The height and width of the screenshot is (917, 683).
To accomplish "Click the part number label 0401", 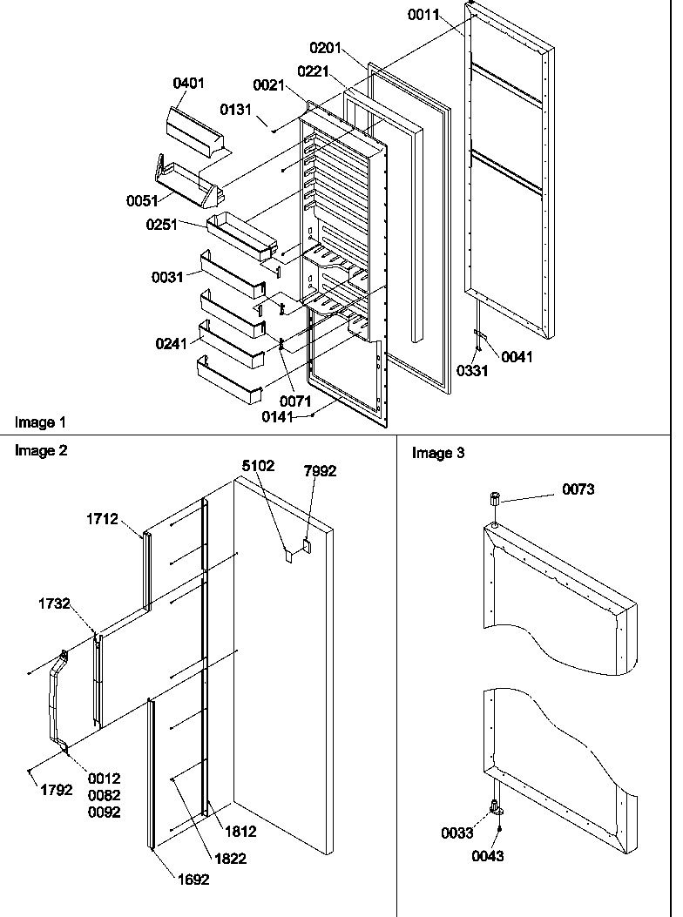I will pos(188,84).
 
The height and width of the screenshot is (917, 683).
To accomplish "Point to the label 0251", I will pos(161,225).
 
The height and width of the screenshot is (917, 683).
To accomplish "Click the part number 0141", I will pos(279,417).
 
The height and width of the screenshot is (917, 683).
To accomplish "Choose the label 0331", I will pos(473,370).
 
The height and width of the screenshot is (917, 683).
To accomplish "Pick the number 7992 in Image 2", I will pos(320,471).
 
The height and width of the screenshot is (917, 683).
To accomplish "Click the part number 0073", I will pos(578,489).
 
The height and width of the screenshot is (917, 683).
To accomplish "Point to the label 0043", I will pos(488,856).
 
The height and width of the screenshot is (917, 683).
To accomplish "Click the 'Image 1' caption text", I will pos(40,422).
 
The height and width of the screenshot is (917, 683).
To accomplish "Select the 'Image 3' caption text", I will pos(438,453).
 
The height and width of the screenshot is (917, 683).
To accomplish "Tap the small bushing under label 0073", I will pos(495,500).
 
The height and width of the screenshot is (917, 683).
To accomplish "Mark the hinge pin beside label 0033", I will pos(495,806).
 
